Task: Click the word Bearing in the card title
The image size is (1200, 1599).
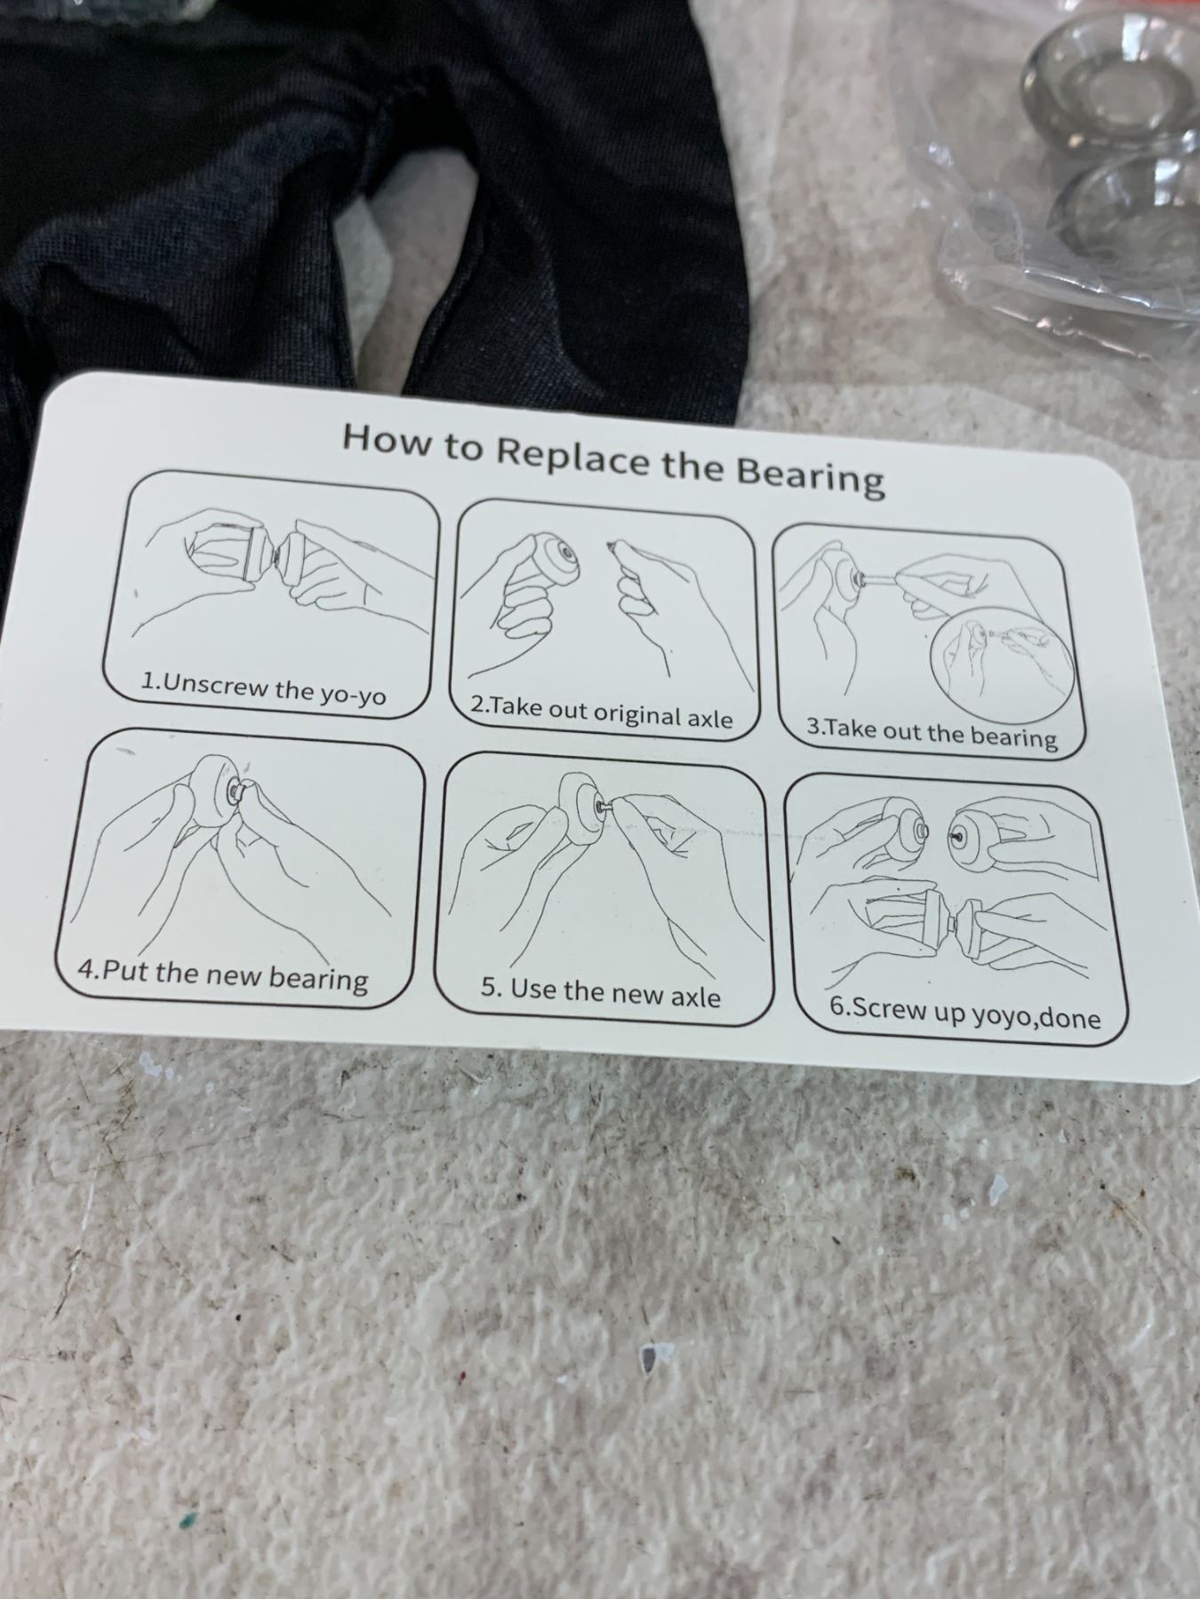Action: point(812,476)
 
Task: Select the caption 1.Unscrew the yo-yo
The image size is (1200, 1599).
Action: point(264,687)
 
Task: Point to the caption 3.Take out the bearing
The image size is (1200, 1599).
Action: point(932,734)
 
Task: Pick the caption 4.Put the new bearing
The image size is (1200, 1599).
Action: point(222,974)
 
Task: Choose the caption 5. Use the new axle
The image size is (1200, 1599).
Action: point(601,991)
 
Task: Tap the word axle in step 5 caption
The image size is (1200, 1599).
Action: point(694,997)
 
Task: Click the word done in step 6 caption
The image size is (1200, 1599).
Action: point(1068,1017)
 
